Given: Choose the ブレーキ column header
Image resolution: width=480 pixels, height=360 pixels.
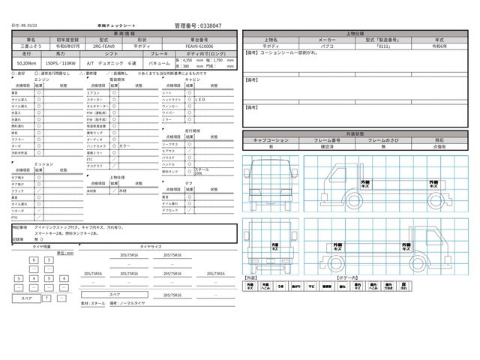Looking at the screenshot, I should pyautogui.click(x=164, y=55).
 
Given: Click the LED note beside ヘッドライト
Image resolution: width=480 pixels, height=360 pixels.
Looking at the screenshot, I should pyautogui.click(x=200, y=98).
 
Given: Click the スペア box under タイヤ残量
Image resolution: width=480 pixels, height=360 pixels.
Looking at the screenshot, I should pyautogui.click(x=25, y=298).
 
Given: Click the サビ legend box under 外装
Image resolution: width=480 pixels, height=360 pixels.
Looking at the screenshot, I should pyautogui.click(x=311, y=286).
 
